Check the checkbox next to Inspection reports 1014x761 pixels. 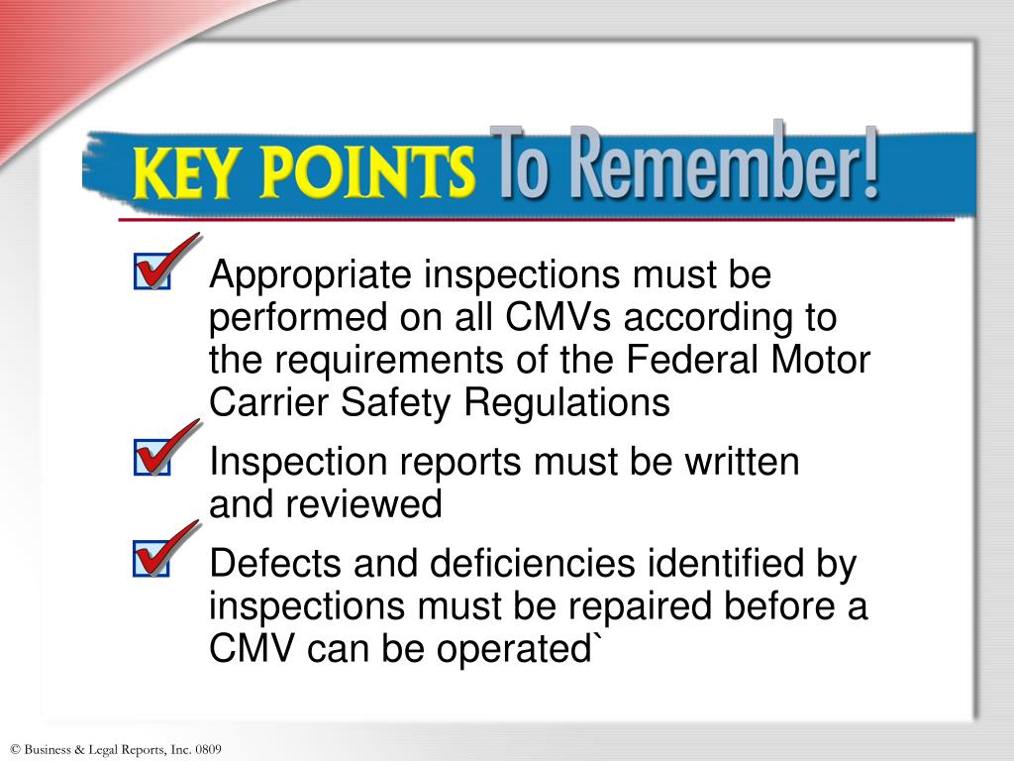coord(151,461)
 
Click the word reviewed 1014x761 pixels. coord(364,504)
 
